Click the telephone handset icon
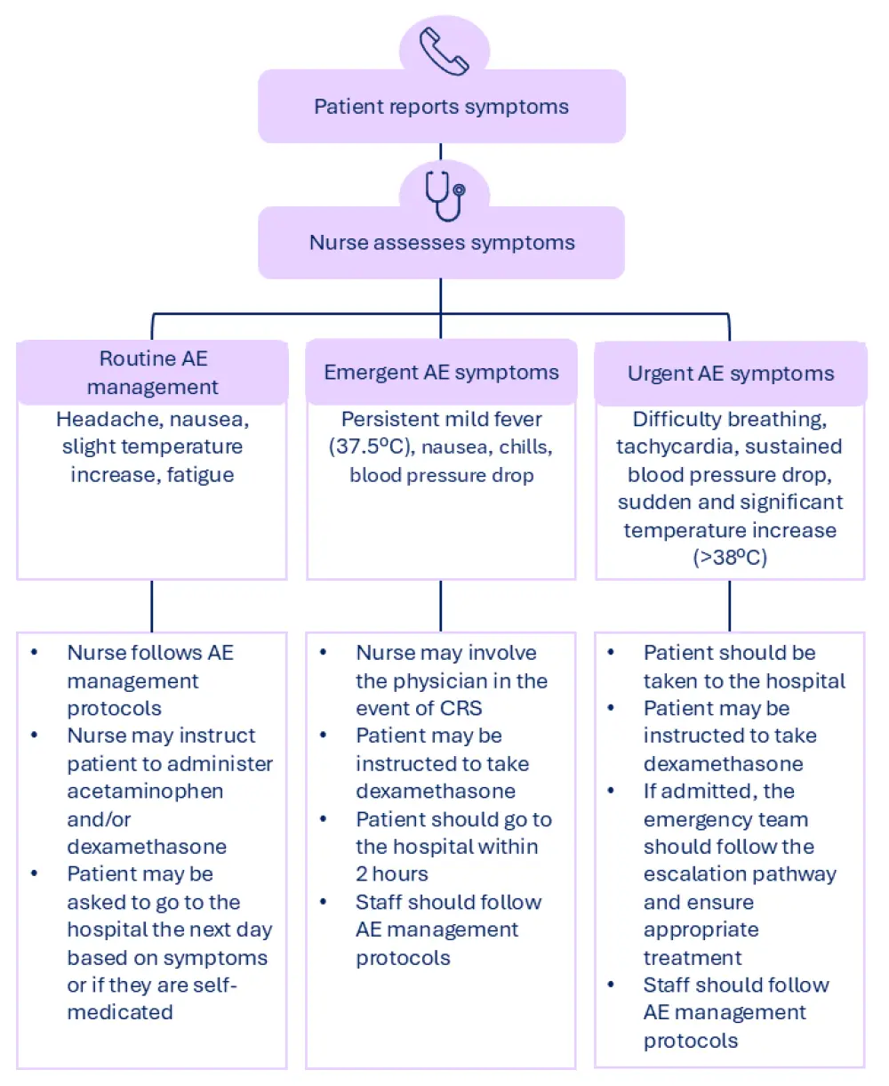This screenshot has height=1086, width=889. pyautogui.click(x=444, y=52)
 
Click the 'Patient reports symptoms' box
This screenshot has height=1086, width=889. pyautogui.click(x=442, y=107)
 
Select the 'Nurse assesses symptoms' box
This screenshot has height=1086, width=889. pyautogui.click(x=442, y=243)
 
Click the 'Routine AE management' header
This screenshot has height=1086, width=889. pyautogui.click(x=152, y=373)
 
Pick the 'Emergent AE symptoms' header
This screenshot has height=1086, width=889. pyautogui.click(x=441, y=372)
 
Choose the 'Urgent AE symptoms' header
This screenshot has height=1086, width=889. pyautogui.click(x=731, y=374)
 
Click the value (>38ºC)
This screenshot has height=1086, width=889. pyautogui.click(x=730, y=557)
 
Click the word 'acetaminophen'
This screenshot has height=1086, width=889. pyautogui.click(x=145, y=791)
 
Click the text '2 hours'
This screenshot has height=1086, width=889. pyautogui.click(x=392, y=873)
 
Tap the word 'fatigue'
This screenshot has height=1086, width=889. pyautogui.click(x=200, y=475)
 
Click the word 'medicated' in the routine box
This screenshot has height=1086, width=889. pyautogui.click(x=120, y=1012)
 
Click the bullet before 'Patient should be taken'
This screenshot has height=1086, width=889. pyautogui.click(x=611, y=653)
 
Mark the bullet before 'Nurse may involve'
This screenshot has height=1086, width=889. pyautogui.click(x=323, y=653)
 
